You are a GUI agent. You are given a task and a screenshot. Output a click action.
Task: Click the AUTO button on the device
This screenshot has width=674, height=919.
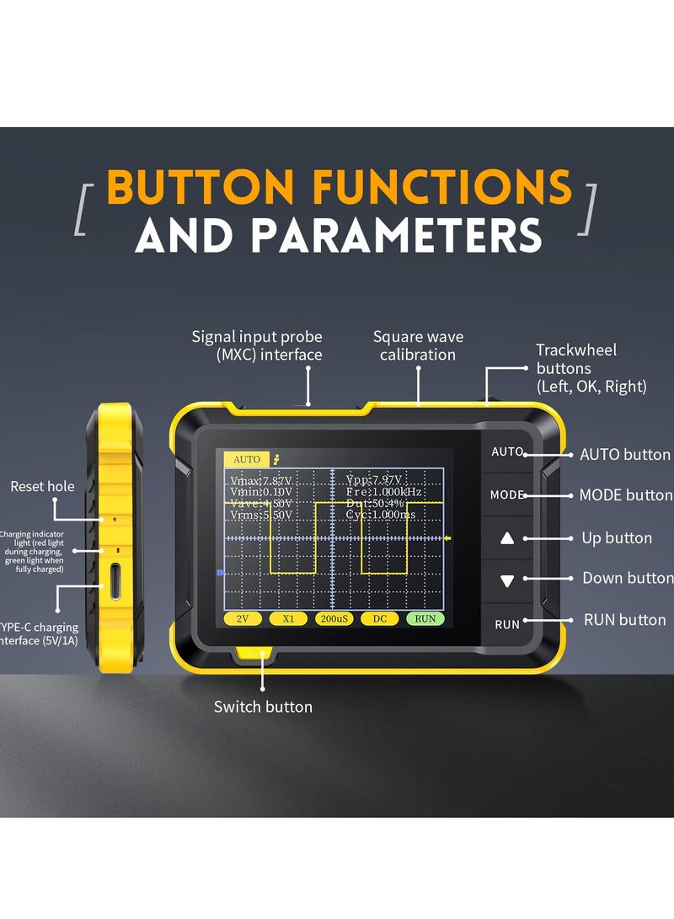[x=507, y=452]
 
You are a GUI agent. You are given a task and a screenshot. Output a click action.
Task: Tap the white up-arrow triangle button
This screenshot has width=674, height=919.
[x=507, y=538]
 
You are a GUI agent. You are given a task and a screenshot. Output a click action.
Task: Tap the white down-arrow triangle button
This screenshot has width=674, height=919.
[x=507, y=580]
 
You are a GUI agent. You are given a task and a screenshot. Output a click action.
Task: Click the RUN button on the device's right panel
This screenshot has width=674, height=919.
[x=507, y=624]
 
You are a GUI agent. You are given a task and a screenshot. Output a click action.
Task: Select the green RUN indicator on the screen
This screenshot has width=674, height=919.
[x=425, y=618]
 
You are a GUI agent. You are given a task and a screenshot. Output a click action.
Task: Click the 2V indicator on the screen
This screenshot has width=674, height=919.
[x=243, y=618]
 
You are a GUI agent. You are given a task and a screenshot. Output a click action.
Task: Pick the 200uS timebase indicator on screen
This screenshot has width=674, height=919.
[x=334, y=618]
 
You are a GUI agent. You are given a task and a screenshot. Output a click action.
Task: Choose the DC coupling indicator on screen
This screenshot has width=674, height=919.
[x=379, y=618]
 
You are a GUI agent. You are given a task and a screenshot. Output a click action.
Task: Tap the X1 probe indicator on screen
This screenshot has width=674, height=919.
[x=288, y=618]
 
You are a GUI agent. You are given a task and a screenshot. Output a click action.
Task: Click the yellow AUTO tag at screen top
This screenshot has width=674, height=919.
[x=247, y=459]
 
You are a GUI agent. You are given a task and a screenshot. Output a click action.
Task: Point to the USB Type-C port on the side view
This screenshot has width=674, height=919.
[x=115, y=582]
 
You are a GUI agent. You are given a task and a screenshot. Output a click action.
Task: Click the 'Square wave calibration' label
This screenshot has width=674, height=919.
[x=418, y=345]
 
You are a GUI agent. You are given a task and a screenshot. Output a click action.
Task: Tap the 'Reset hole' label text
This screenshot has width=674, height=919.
[x=42, y=486]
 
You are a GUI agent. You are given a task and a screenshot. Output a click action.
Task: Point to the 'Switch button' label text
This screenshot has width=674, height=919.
[x=263, y=707]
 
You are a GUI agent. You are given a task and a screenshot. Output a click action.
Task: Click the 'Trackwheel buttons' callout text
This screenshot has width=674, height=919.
[x=590, y=368]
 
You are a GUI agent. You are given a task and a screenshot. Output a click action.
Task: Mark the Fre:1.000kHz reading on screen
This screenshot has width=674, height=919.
[x=384, y=491]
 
